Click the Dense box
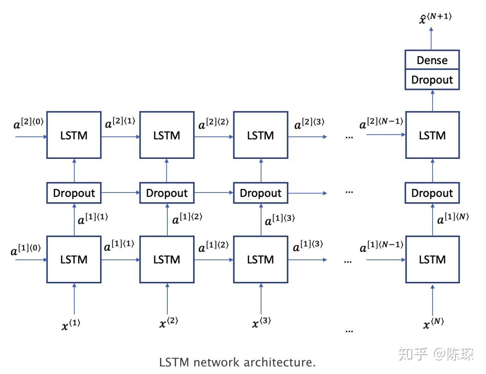(432, 60)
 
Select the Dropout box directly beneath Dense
(432, 80)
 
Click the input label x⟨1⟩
(71, 325)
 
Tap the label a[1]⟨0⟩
(26, 250)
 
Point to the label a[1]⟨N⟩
(452, 219)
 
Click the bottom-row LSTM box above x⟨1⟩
(74, 260)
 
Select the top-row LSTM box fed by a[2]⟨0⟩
(74, 135)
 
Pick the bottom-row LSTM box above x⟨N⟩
(432, 260)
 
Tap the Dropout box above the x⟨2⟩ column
(166, 193)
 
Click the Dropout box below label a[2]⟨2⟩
(261, 193)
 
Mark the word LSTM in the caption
(174, 362)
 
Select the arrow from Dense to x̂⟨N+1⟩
(432, 38)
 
